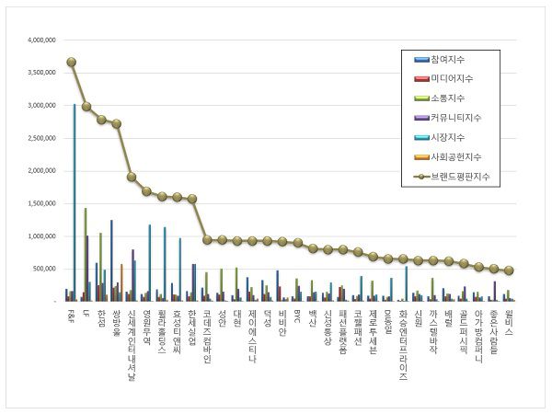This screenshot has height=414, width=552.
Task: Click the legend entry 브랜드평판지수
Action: tap(463, 176)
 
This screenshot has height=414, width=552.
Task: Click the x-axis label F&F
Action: tap(72, 316)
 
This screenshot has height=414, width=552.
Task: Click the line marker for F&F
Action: tap(72, 63)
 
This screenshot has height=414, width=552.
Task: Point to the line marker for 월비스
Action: tap(509, 270)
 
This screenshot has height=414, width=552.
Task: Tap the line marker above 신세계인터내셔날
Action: tap(132, 177)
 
